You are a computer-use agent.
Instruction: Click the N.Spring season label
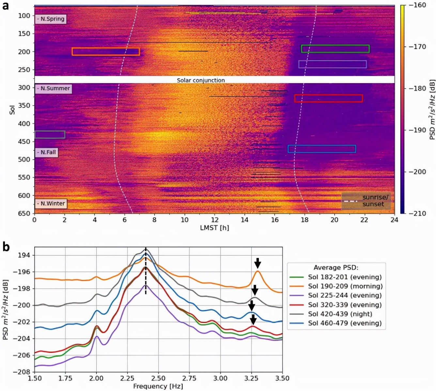click(x=51, y=19)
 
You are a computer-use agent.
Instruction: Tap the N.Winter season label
click(x=51, y=204)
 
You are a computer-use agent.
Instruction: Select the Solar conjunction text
click(x=201, y=80)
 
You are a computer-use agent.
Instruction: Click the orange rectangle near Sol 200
click(x=106, y=51)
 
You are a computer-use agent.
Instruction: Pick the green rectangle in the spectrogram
click(x=335, y=49)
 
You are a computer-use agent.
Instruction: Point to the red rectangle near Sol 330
click(x=328, y=98)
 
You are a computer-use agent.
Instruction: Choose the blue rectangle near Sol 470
click(x=322, y=149)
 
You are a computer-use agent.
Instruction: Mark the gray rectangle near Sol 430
click(x=50, y=135)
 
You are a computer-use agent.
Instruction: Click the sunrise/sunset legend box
click(x=366, y=201)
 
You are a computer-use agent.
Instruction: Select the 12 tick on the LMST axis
click(x=215, y=220)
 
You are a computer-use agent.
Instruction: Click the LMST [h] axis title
click(x=214, y=228)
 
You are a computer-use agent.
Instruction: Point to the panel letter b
click(x=6, y=247)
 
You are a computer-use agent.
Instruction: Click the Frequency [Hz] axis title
click(x=158, y=386)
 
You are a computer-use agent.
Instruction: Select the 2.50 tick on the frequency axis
click(x=158, y=378)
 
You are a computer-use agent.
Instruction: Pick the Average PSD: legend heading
click(x=336, y=268)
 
